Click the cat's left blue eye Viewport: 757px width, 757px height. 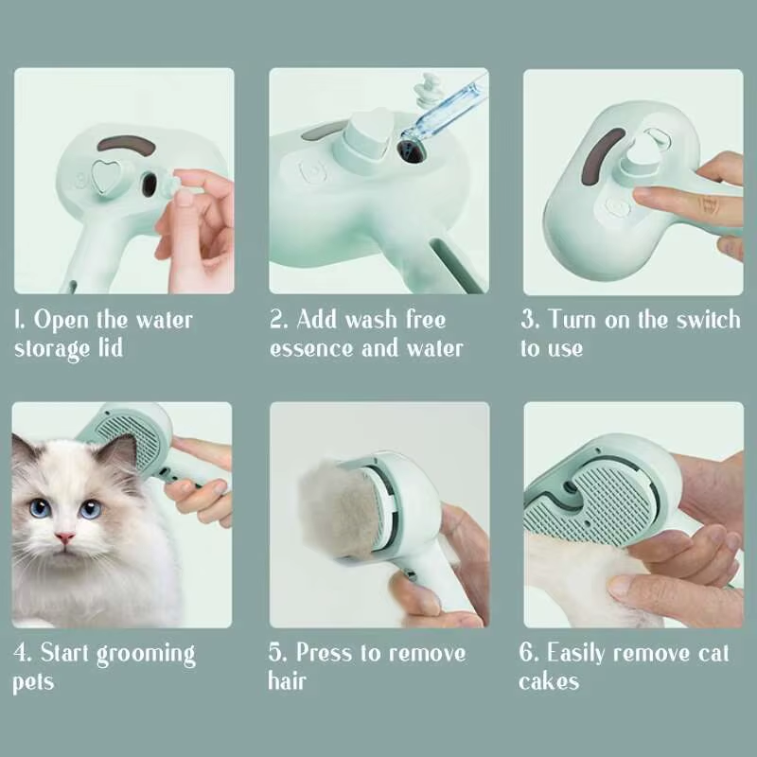pos(40,508)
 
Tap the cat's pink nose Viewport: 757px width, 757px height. pos(64,537)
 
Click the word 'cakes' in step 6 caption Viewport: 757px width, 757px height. pos(549,681)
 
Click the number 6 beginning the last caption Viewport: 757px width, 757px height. pos(527,653)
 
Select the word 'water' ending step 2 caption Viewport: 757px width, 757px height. pos(433,347)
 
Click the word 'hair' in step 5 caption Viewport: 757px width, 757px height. pos(288,681)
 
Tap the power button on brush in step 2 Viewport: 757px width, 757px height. pos(311,171)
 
